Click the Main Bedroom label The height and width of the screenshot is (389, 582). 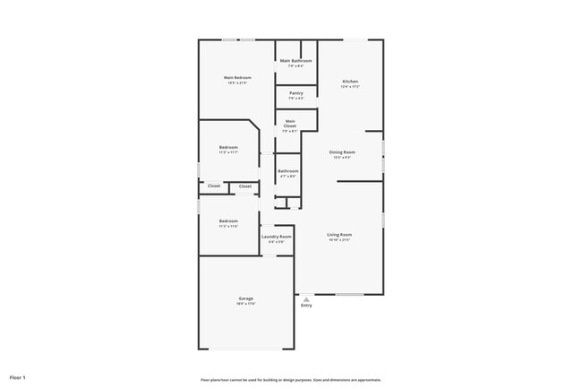coord(237,78)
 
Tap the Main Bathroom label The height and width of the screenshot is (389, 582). coord(295,61)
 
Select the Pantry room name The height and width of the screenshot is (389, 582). coord(295,93)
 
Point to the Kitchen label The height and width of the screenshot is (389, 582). coord(350,82)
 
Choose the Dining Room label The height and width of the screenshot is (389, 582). coord(342,152)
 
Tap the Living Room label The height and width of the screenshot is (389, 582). coord(338,235)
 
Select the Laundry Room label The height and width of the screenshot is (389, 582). coord(277,237)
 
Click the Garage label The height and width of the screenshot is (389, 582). coord(245,298)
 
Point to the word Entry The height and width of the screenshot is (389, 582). coord(306,306)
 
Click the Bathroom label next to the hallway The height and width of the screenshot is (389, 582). coord(287,170)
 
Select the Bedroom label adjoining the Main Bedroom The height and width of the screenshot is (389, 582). coord(228,147)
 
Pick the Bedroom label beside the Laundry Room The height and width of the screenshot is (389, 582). coord(228,220)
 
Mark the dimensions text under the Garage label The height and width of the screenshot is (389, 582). coord(245,304)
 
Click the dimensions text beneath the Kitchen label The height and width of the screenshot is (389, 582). coord(350,87)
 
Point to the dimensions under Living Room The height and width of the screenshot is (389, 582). coord(338,240)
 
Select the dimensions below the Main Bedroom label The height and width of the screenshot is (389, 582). coord(237,83)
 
